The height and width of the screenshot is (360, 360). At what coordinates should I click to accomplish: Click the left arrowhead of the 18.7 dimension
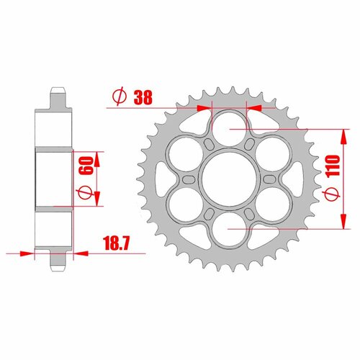[29, 253]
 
